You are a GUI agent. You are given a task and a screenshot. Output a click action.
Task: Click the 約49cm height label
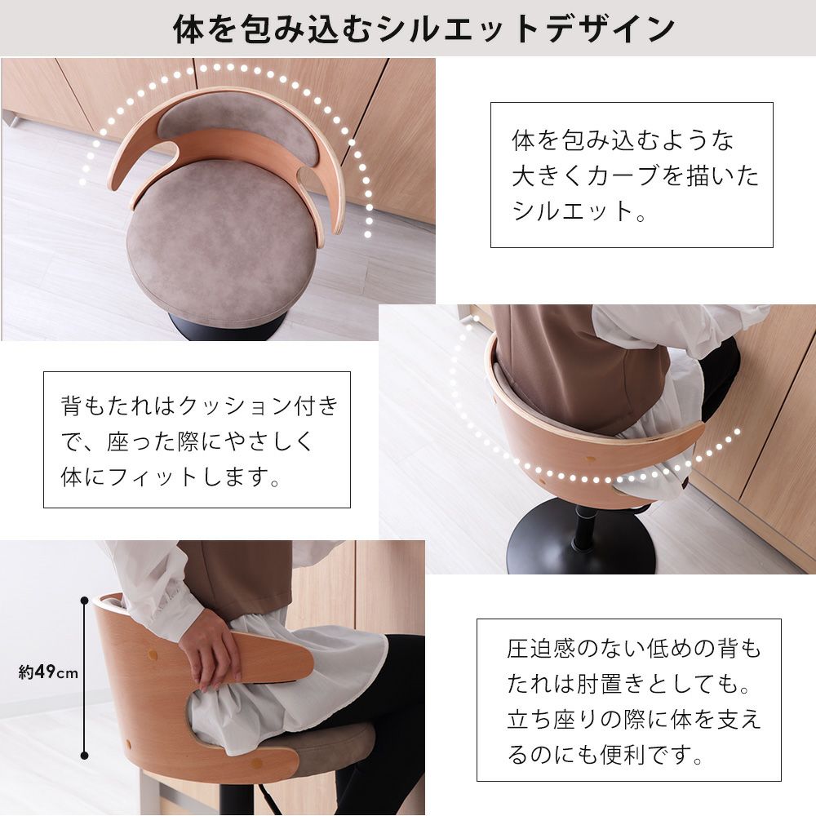[x=48, y=672]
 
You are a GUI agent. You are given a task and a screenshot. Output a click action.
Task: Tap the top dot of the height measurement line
[x=84, y=601]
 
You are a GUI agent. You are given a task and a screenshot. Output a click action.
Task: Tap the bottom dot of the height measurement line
[x=84, y=755]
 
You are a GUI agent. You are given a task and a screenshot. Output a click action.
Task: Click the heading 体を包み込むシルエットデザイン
[x=424, y=29]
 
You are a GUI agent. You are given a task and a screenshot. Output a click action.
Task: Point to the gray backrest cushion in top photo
[x=237, y=128]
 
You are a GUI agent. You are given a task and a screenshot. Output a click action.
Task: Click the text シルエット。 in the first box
[x=579, y=211]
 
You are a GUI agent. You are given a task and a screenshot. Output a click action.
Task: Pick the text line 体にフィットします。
[x=171, y=477]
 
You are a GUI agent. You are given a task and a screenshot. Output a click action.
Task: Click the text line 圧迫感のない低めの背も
[x=633, y=649]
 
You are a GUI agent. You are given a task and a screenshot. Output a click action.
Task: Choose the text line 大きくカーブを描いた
[x=635, y=175]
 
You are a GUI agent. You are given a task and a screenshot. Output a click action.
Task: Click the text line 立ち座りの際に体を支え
[x=633, y=719]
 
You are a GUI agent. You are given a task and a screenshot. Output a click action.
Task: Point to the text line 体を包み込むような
[x=623, y=140]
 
